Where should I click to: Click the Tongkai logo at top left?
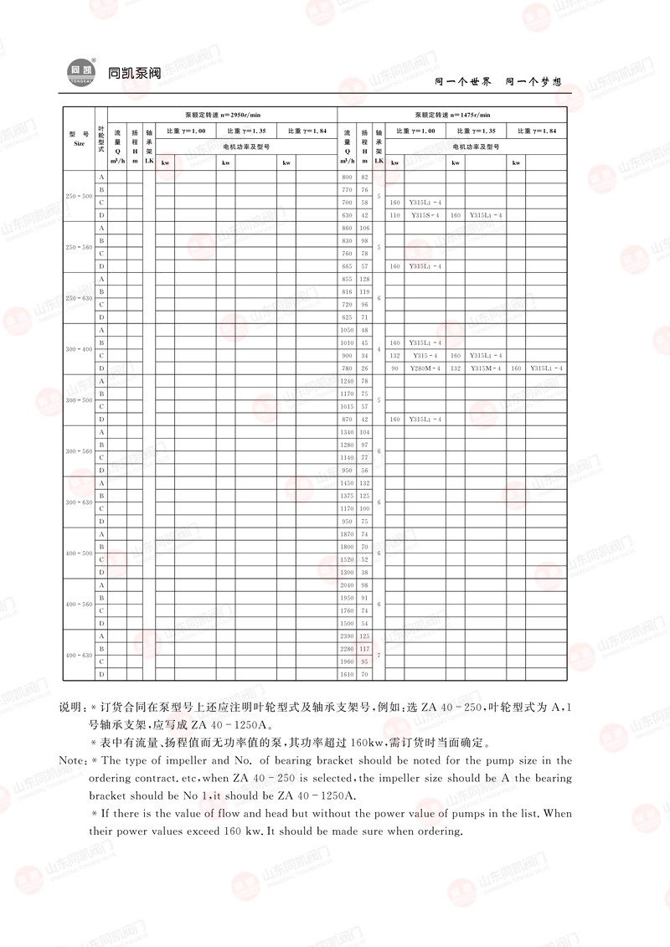79,73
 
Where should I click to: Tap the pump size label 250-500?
79,196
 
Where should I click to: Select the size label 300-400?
79,348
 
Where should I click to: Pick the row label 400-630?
79,655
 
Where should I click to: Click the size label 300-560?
79,451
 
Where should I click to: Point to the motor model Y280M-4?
425,368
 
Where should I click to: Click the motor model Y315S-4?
425,215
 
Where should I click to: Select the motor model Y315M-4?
486,368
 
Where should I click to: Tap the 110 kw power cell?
395,215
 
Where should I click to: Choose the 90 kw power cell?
395,368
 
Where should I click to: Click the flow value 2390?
348,636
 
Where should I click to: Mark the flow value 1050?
348,330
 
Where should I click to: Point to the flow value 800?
348,178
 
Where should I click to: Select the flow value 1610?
348,674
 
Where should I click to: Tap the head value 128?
364,279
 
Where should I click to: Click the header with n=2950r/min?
223,114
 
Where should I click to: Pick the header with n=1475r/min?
452,114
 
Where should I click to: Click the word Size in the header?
79,143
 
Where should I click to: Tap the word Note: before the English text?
74,761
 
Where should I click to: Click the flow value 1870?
348,534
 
